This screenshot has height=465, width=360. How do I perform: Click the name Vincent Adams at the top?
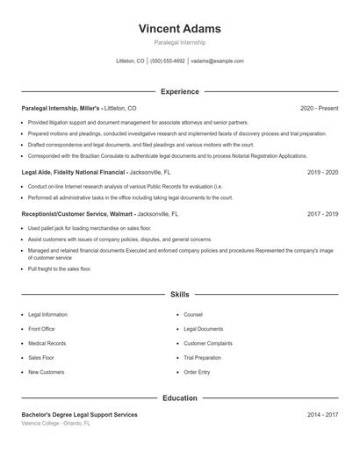179,28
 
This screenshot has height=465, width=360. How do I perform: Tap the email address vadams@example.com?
217,61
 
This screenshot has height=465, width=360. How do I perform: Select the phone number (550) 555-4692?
168,61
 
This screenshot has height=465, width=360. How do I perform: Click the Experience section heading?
179,91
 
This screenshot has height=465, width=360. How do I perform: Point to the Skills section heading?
179,295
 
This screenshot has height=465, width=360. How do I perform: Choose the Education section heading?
179,398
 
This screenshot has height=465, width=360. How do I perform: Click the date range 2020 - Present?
319,108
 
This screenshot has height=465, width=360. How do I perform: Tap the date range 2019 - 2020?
322,173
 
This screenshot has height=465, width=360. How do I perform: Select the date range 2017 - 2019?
322,213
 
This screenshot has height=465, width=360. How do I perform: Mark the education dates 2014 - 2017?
322,414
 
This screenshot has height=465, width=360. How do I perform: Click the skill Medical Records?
47,343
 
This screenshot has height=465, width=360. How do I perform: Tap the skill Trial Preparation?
202,358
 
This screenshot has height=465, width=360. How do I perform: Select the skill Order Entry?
197,372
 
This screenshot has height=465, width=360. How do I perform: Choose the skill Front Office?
41,329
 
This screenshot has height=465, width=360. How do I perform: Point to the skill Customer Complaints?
208,343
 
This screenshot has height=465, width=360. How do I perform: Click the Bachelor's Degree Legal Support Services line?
79,414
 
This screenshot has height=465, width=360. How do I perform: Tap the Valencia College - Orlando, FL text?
55,423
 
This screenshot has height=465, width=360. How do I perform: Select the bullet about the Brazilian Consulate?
155,155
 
